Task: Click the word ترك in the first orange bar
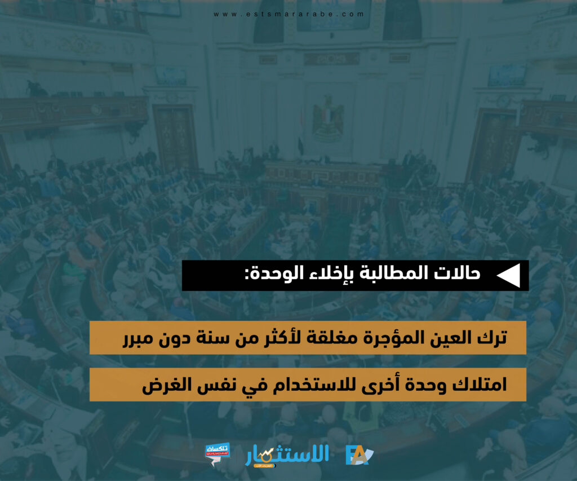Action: click(x=492, y=337)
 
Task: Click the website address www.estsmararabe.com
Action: click(x=288, y=14)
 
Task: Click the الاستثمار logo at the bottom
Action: click(x=287, y=456)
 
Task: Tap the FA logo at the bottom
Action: click(x=359, y=455)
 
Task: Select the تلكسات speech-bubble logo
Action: click(x=218, y=454)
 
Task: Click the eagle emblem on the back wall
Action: click(x=327, y=118)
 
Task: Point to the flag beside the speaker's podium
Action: click(x=301, y=145)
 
